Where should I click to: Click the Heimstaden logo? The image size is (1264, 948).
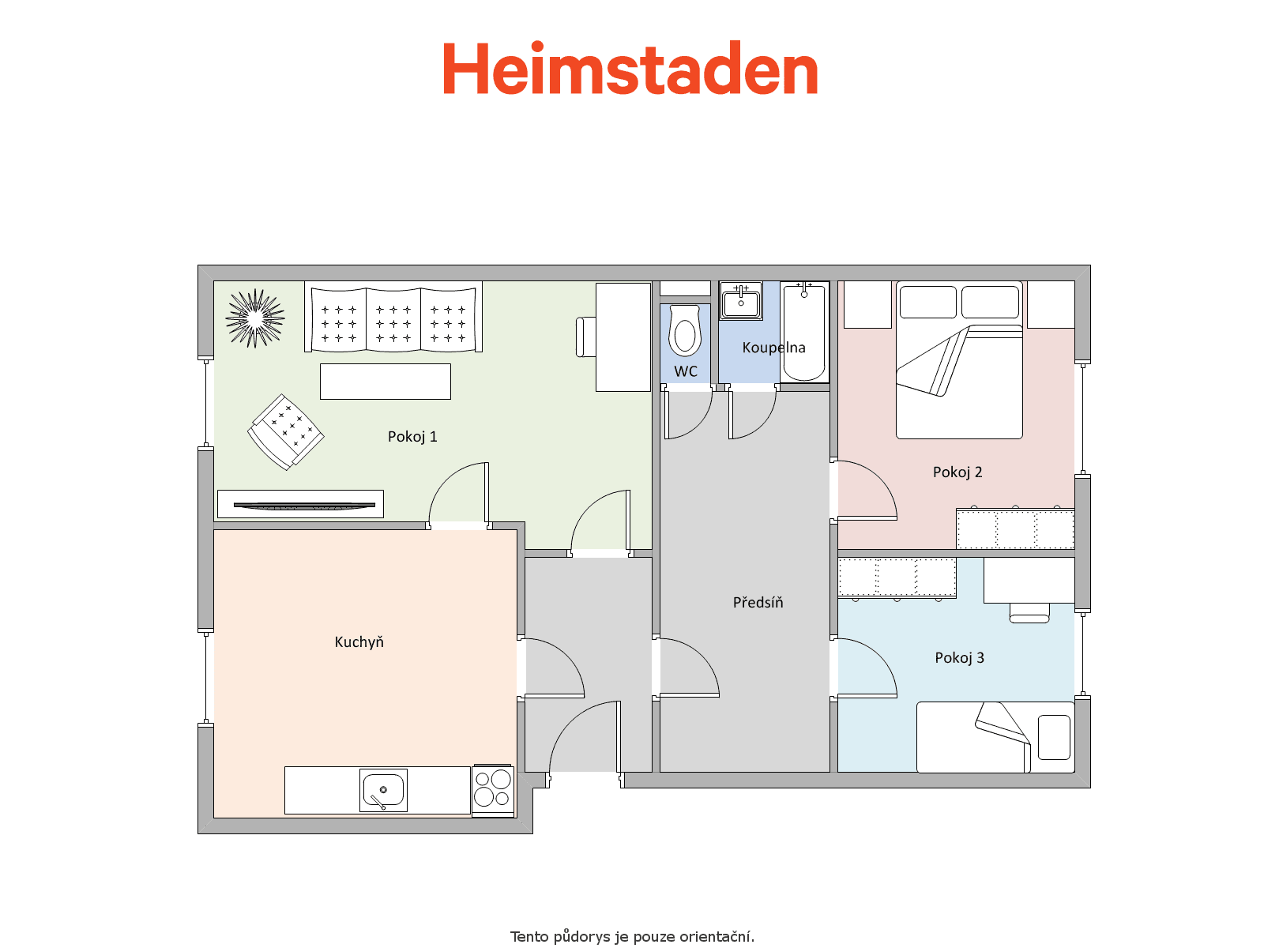tap(630, 68)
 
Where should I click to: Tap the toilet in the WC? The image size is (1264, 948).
tap(685, 330)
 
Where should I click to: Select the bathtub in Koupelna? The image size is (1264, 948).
tap(804, 332)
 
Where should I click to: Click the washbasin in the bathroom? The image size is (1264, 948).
tap(741, 300)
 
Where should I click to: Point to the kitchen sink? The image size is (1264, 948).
tap(383, 790)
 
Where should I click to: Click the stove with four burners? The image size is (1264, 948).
tap(492, 789)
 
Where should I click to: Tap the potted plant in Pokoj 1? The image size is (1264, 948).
tap(255, 318)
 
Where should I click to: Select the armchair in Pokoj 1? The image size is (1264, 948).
tap(286, 431)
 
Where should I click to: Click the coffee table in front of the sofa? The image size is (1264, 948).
tap(386, 381)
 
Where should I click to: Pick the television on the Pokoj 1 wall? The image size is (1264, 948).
tap(304, 505)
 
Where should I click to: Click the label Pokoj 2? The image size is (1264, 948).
tap(957, 472)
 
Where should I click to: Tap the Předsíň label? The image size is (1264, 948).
tap(758, 602)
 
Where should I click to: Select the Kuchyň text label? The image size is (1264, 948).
tap(359, 641)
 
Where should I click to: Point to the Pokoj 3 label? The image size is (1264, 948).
tap(959, 658)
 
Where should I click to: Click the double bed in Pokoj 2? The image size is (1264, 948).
tap(959, 359)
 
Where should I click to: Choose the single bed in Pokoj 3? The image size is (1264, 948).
tap(995, 737)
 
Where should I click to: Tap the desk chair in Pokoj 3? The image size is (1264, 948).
tap(1029, 613)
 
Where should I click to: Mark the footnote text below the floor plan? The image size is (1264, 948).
tap(632, 936)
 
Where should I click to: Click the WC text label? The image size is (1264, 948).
tap(685, 371)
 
